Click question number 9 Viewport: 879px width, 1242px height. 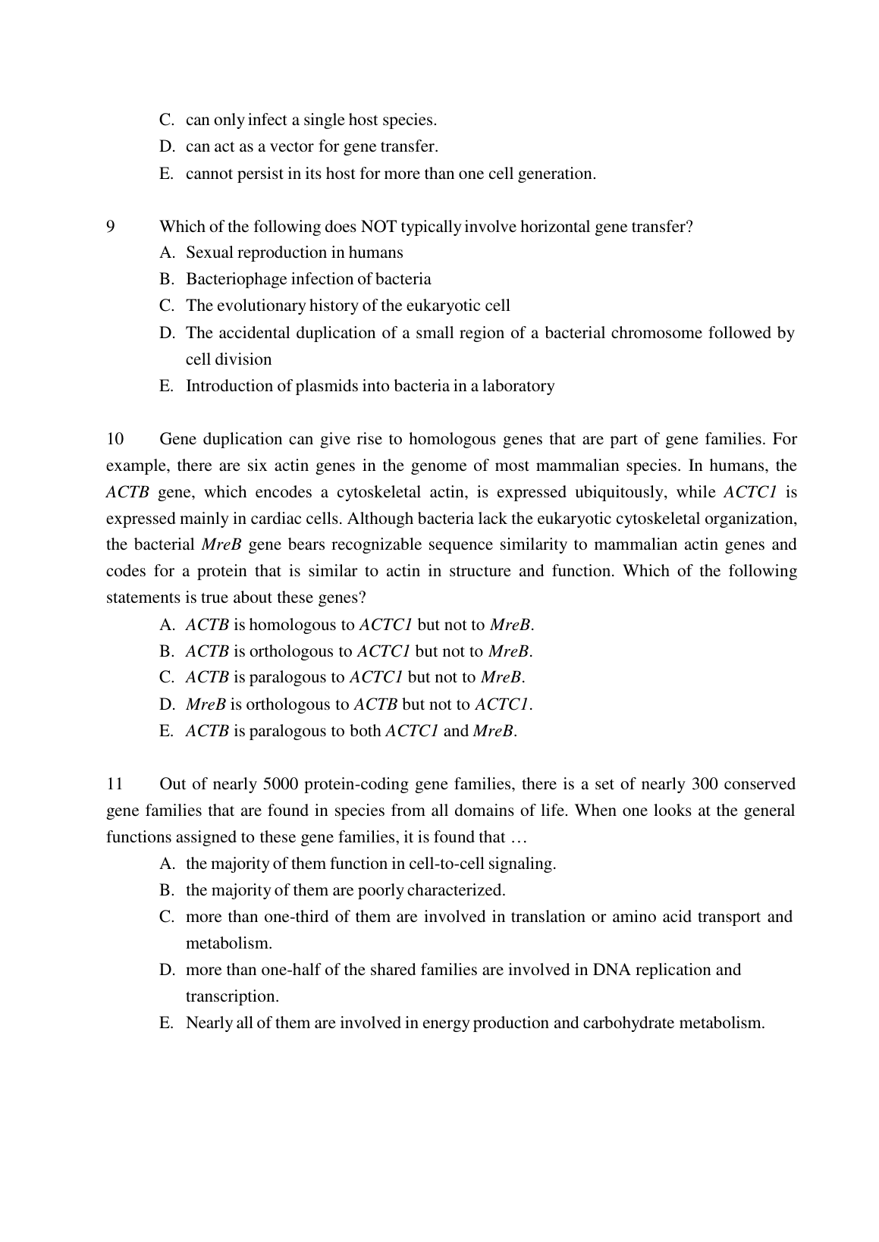(111, 226)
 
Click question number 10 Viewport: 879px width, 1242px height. (115, 439)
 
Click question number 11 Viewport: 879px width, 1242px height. (115, 784)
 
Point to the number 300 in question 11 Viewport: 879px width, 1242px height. (705, 784)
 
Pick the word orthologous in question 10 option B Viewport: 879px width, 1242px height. (292, 651)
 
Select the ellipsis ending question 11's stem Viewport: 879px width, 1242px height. (518, 837)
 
